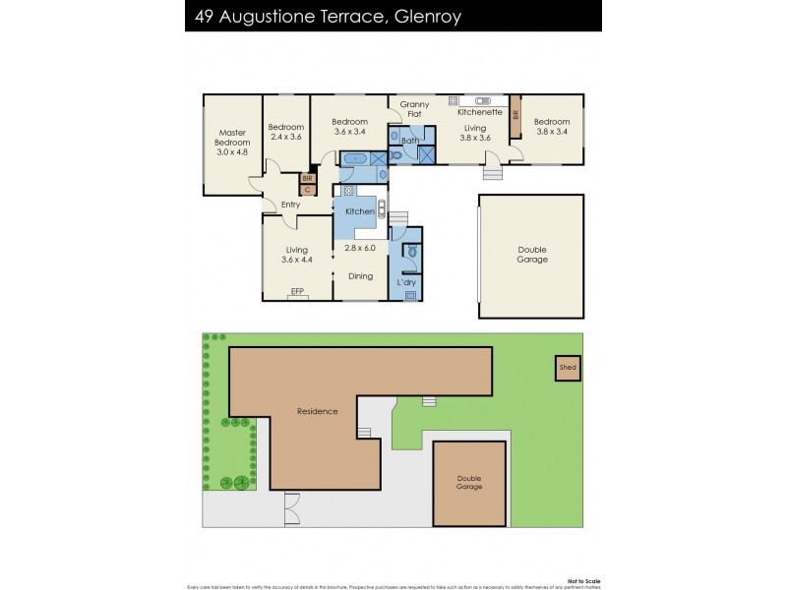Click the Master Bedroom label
[232, 143]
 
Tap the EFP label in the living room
[298, 291]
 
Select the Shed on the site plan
[567, 368]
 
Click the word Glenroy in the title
[425, 17]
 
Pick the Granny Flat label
[414, 109]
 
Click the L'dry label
[406, 283]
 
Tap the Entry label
[290, 205]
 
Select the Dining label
[361, 276]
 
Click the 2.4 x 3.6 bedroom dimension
[286, 139]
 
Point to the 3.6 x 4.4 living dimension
[296, 260]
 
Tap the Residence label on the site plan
[318, 411]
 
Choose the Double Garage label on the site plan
[469, 483]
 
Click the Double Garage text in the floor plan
[532, 255]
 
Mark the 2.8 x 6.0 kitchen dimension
[360, 249]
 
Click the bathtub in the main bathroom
[353, 157]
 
